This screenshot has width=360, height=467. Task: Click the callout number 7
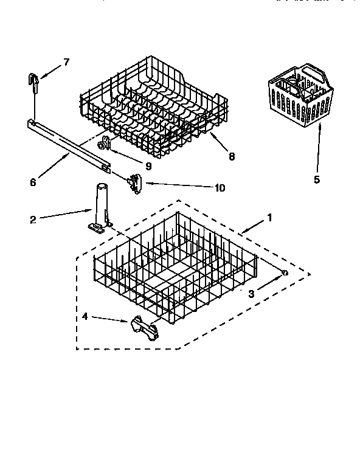[66, 61]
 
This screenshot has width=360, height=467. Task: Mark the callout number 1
[269, 217]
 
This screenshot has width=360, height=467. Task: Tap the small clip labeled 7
[33, 80]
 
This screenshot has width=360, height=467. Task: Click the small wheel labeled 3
[284, 273]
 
